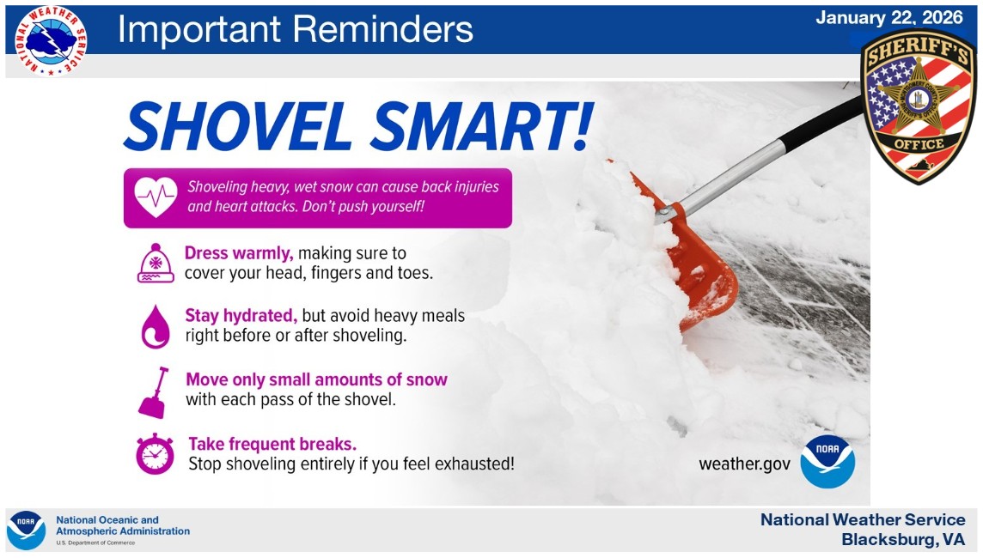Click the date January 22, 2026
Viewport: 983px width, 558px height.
[x=888, y=18]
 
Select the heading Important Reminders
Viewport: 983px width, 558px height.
[x=295, y=29]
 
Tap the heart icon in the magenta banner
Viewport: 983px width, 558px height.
[x=156, y=197]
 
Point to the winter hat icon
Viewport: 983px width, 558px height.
[x=156, y=263]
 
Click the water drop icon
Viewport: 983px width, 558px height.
[x=156, y=326]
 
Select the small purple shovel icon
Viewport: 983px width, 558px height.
[x=154, y=392]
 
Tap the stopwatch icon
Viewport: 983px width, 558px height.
[x=155, y=454]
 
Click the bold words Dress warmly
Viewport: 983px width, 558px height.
[x=240, y=253]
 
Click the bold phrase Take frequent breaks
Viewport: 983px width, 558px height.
[x=272, y=444]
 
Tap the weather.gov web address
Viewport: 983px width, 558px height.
[x=744, y=464]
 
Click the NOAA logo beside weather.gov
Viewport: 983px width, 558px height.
[x=827, y=462]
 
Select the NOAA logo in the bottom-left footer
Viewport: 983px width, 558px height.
[x=26, y=530]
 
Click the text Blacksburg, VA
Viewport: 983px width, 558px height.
[x=903, y=540]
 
